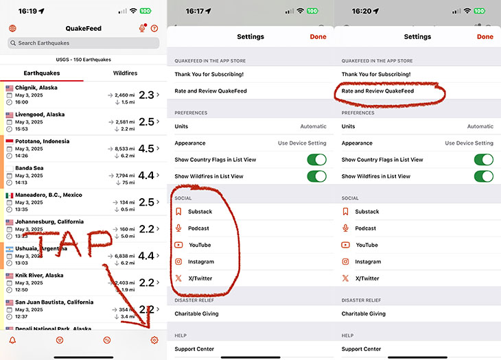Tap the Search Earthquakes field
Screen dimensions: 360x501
click(x=83, y=43)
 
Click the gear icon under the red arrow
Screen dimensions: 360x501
click(x=154, y=340)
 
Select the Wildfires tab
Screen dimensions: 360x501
click(x=125, y=73)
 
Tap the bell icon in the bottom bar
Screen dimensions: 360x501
click(x=12, y=340)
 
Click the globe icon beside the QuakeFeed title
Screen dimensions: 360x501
click(x=12, y=29)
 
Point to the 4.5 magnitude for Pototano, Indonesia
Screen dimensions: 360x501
click(x=146, y=148)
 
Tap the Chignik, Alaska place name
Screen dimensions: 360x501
click(x=36, y=88)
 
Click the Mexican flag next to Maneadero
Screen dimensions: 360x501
click(x=10, y=195)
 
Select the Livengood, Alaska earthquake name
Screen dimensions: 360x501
click(x=40, y=115)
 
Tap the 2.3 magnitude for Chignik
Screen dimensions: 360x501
click(x=146, y=95)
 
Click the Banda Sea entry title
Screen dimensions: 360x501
click(x=30, y=168)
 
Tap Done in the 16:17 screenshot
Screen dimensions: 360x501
click(x=318, y=37)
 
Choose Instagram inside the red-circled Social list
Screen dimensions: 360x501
click(x=201, y=262)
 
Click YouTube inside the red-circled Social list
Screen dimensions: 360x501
click(x=200, y=245)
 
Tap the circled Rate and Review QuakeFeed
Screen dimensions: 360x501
click(x=377, y=91)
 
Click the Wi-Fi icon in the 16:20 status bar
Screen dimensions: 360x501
click(x=467, y=11)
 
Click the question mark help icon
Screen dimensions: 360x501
click(x=154, y=29)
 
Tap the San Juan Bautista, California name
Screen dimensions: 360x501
click(x=54, y=302)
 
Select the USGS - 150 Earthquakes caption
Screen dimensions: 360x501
click(x=83, y=60)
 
